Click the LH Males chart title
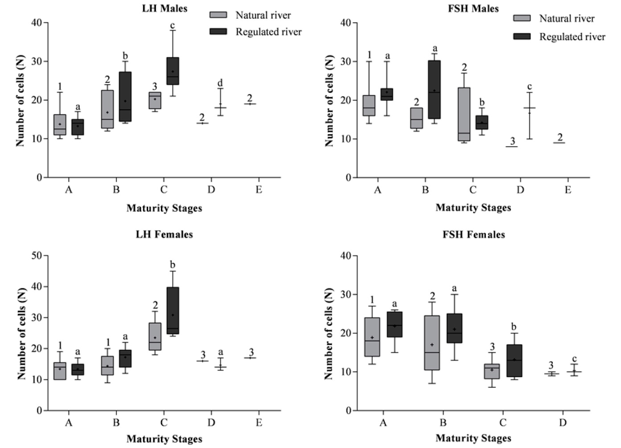[x=165, y=8]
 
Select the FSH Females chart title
[x=473, y=234]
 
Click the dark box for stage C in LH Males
[x=173, y=71]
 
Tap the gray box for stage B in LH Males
[x=107, y=109]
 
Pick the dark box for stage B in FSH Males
[x=434, y=90]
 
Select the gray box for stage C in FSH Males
[x=464, y=114]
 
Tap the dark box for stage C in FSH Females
[x=514, y=361]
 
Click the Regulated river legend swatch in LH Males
[x=218, y=32]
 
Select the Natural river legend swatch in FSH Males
[x=522, y=18]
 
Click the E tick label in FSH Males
[x=568, y=190]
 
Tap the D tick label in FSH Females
[x=563, y=423]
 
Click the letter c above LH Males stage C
[x=173, y=25]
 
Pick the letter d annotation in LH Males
[x=220, y=83]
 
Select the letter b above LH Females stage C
[x=173, y=265]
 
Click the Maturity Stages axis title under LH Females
[x=164, y=439]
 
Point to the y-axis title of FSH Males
[x=329, y=101]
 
